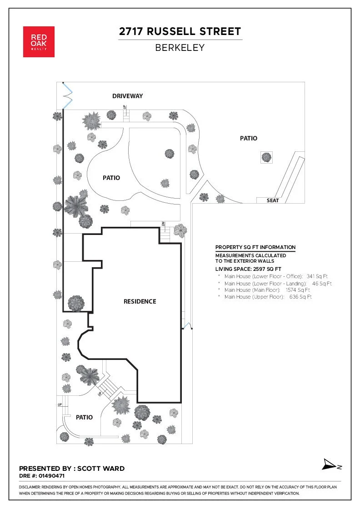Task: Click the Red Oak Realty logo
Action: pyautogui.click(x=39, y=42)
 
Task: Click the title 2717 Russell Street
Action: pyautogui.click(x=180, y=32)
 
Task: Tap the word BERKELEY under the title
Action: pyautogui.click(x=180, y=47)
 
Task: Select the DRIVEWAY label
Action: pyautogui.click(x=128, y=96)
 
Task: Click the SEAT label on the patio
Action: pyautogui.click(x=273, y=200)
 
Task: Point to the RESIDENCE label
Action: pyautogui.click(x=140, y=301)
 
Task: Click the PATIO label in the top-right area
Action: pyautogui.click(x=249, y=138)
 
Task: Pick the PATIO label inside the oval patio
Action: pyautogui.click(x=111, y=178)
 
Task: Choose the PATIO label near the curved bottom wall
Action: pyautogui.click(x=85, y=417)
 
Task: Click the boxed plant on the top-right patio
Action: pyautogui.click(x=266, y=157)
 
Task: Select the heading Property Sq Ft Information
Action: pyautogui.click(x=255, y=247)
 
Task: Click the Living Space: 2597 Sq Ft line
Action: pyautogui.click(x=248, y=269)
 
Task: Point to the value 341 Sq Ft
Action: pyautogui.click(x=317, y=276)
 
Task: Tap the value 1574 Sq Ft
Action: pyautogui.click(x=298, y=289)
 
